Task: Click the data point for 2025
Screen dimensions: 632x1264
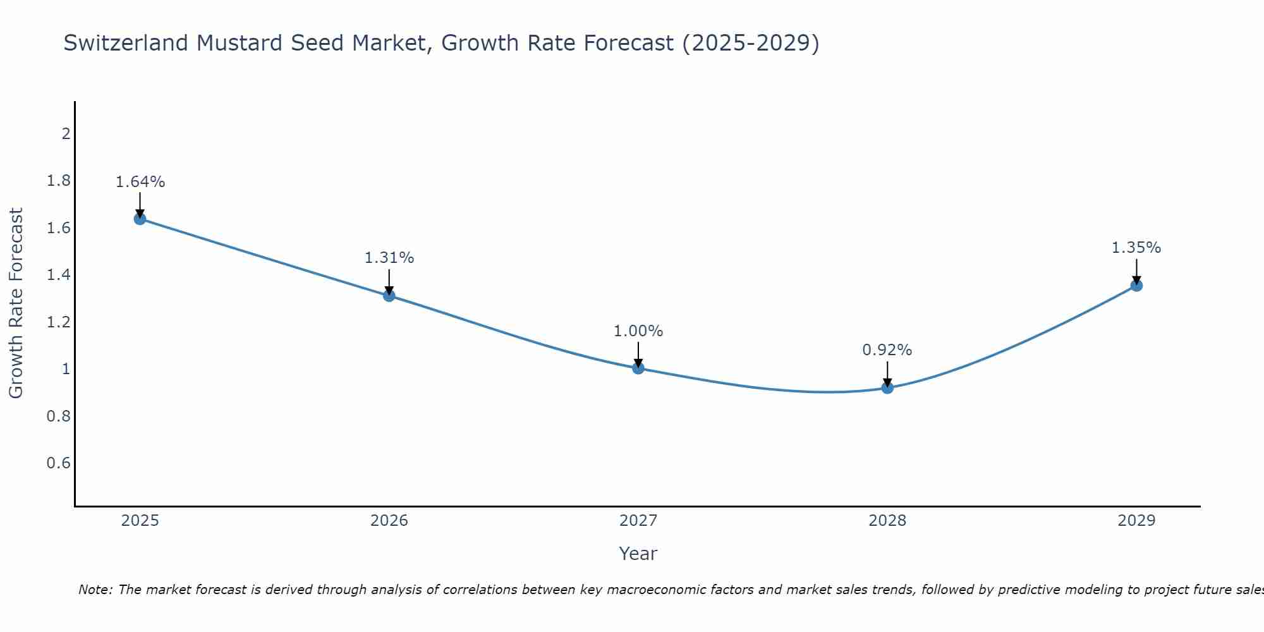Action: tap(140, 219)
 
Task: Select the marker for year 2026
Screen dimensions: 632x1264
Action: tap(389, 295)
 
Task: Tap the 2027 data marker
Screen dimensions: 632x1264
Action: tap(638, 368)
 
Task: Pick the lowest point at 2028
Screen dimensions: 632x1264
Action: tap(887, 387)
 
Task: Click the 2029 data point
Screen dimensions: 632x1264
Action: tap(1136, 285)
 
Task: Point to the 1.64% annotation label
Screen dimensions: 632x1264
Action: tap(140, 182)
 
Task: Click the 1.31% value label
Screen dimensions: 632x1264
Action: tap(389, 258)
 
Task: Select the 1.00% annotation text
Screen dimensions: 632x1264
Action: tap(638, 331)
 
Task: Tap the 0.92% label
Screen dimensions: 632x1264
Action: tap(887, 350)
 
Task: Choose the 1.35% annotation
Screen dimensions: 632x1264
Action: tap(1136, 248)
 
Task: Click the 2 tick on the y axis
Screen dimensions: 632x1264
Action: tap(65, 133)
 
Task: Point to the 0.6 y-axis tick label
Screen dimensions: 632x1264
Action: tap(58, 463)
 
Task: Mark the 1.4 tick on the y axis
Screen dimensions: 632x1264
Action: tap(58, 275)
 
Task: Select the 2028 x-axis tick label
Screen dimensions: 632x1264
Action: tap(887, 521)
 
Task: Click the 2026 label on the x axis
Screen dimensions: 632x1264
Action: tap(389, 521)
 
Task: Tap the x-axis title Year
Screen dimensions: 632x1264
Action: tap(638, 554)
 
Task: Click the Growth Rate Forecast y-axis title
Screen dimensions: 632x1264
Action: tap(16, 303)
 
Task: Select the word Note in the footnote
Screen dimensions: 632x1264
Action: tap(94, 590)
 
